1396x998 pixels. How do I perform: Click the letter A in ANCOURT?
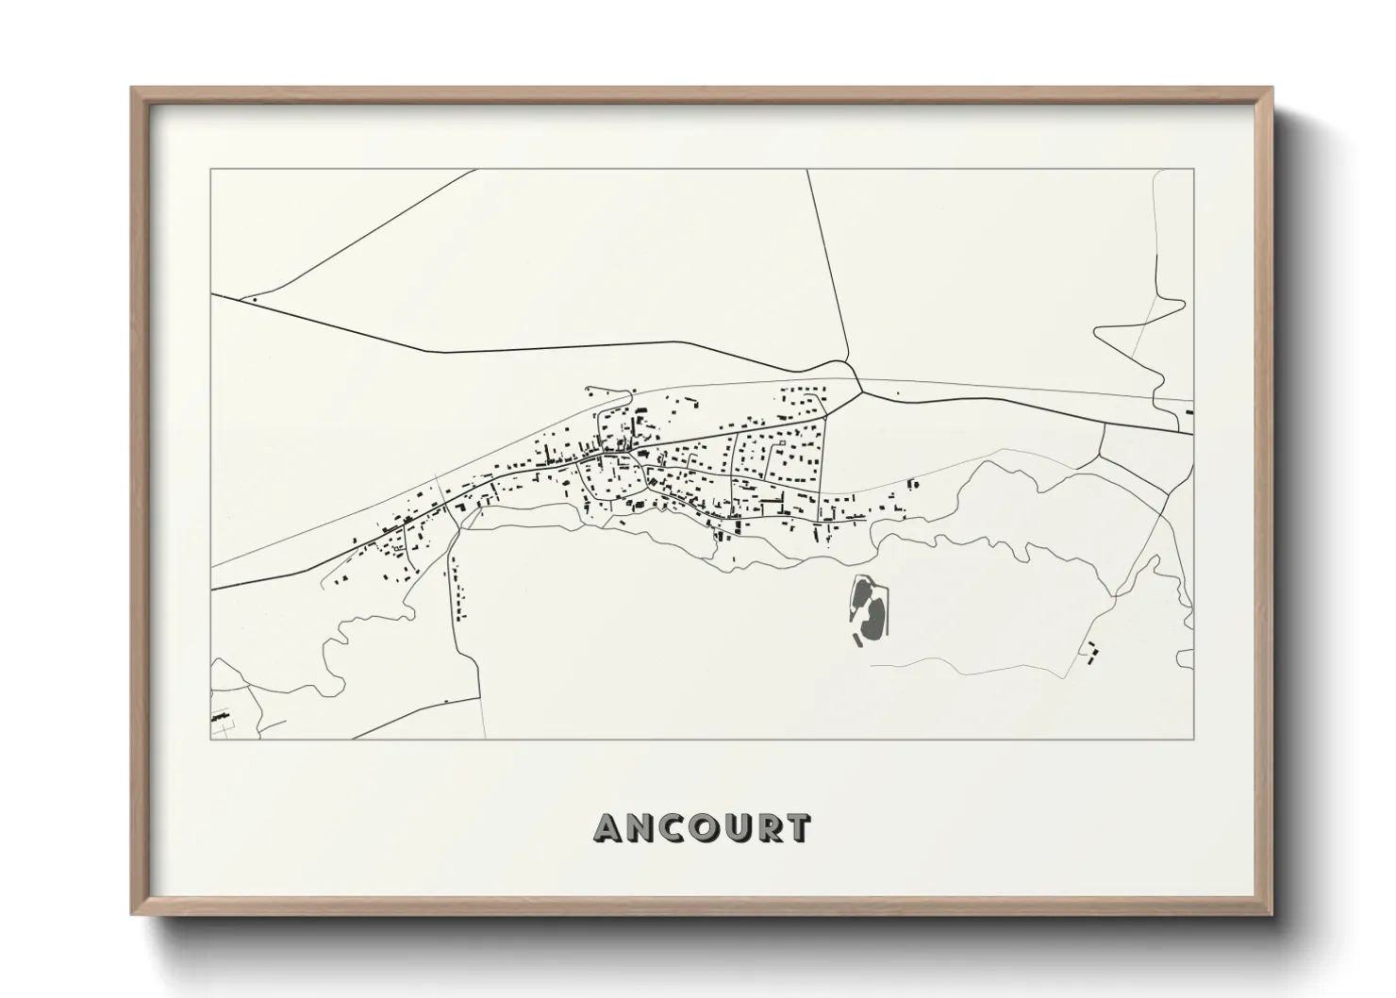click(x=608, y=828)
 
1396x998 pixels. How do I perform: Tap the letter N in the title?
click(x=640, y=828)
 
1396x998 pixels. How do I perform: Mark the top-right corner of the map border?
click(x=1193, y=170)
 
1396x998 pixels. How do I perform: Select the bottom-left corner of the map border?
click(x=210, y=739)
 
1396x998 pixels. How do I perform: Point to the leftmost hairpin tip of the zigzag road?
click(x=1096, y=331)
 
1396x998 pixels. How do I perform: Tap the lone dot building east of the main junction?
click(x=897, y=393)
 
